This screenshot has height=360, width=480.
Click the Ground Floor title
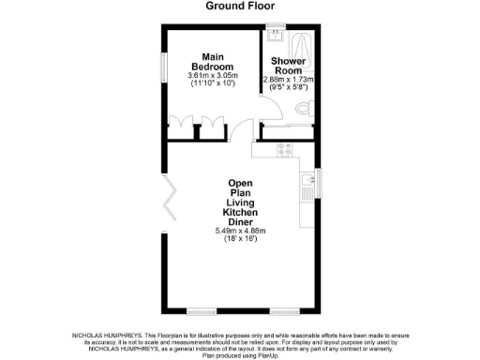click(x=239, y=6)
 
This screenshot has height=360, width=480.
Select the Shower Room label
click(x=287, y=66)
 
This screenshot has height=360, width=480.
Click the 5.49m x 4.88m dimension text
click(x=241, y=231)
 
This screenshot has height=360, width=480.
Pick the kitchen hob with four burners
click(x=282, y=147)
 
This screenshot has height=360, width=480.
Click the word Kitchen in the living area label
click(x=241, y=212)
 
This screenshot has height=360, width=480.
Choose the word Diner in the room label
click(x=241, y=222)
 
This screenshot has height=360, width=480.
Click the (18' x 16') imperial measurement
click(x=241, y=240)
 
